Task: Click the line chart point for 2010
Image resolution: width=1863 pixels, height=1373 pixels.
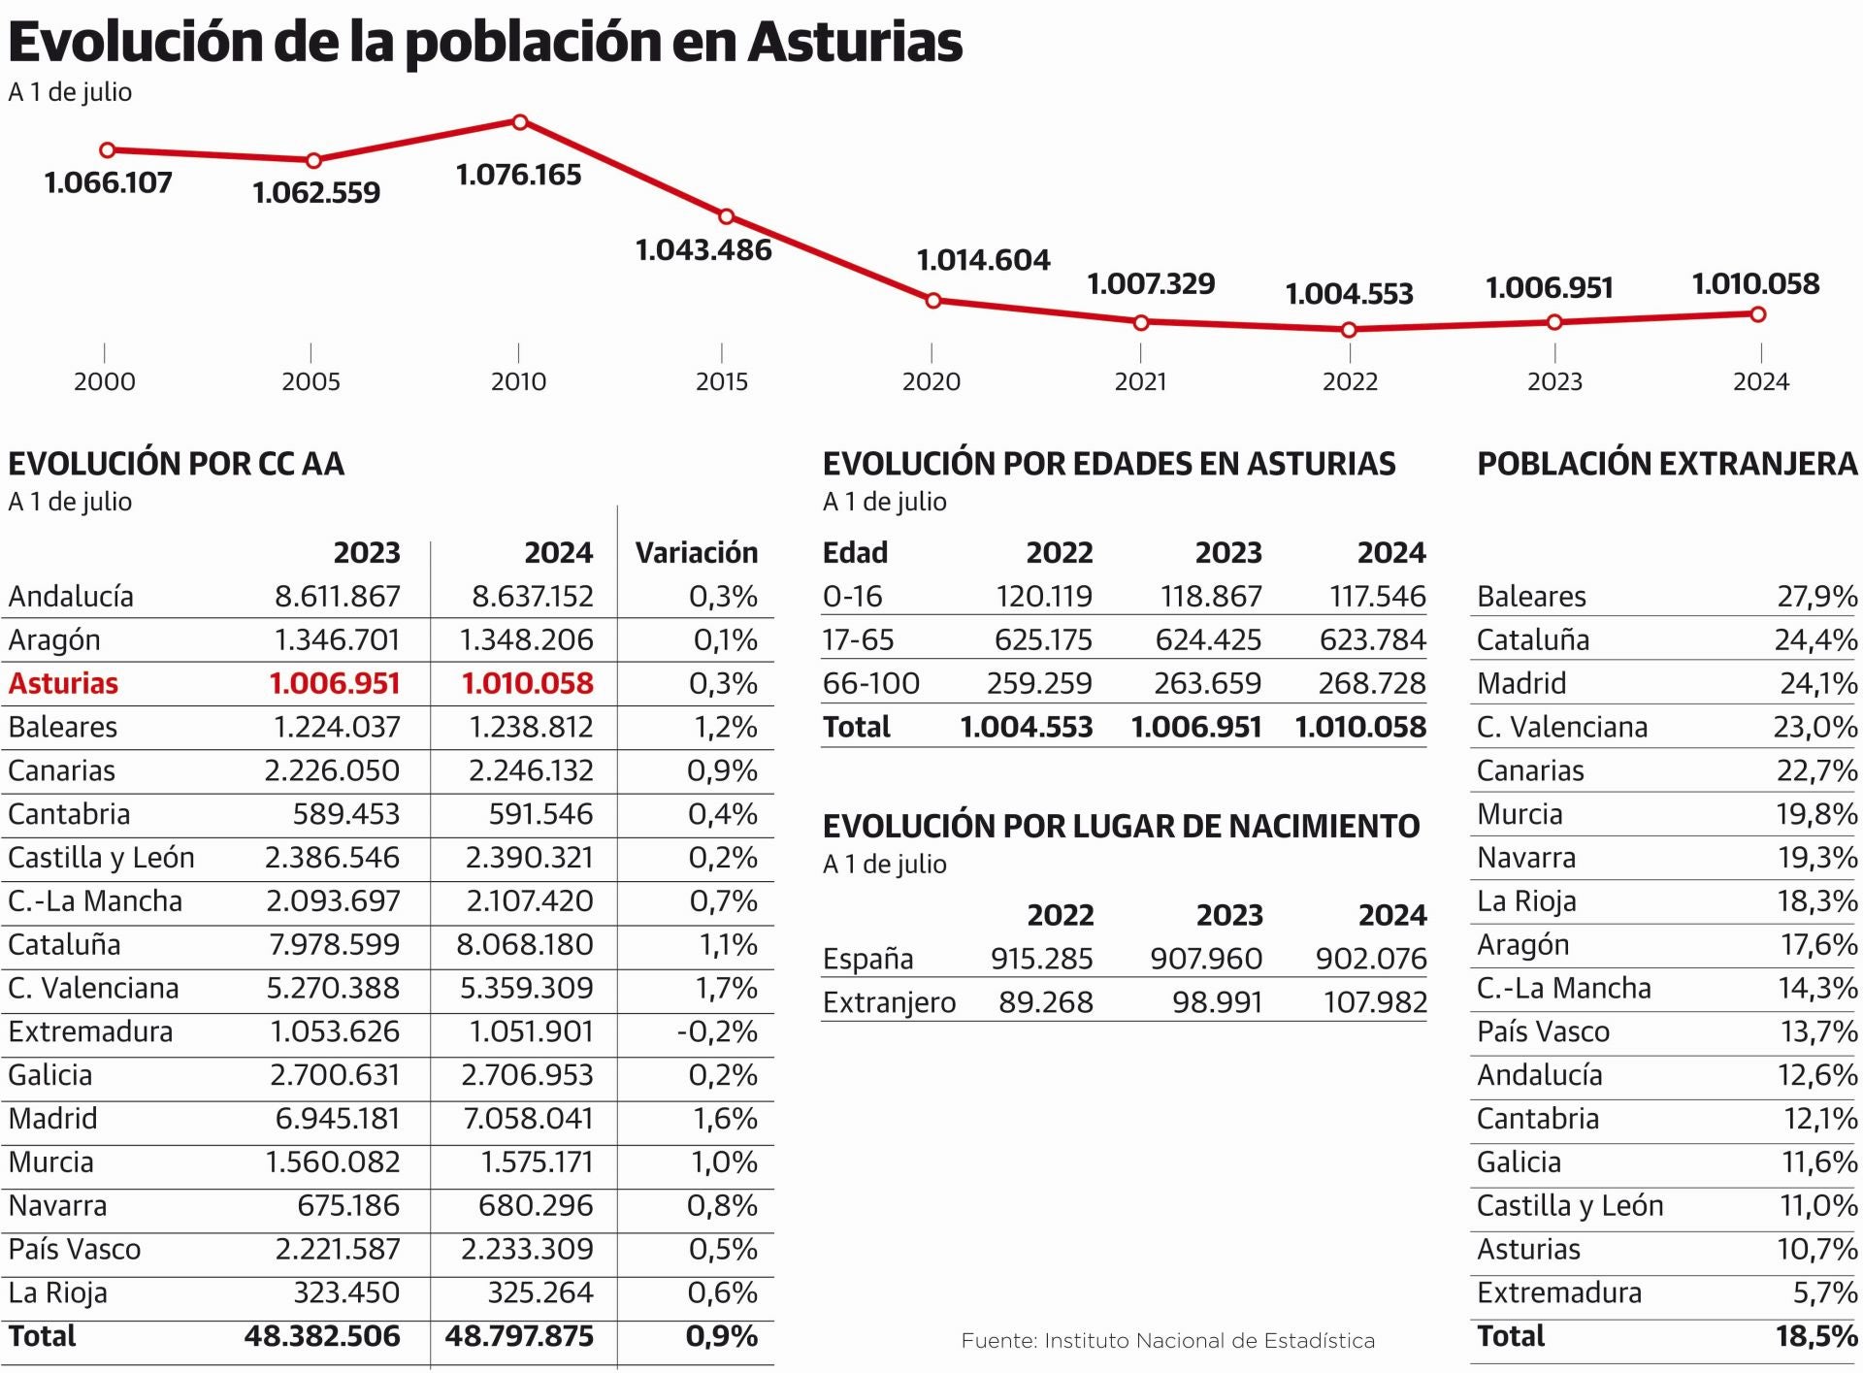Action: click(520, 122)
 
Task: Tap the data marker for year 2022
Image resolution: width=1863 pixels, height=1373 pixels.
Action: click(1349, 330)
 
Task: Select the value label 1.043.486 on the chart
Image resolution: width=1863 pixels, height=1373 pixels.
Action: click(703, 250)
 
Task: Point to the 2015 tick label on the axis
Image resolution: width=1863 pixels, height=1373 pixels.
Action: click(722, 381)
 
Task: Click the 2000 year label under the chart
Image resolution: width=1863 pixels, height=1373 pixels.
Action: click(105, 381)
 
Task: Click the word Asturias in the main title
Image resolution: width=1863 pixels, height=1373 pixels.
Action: click(855, 42)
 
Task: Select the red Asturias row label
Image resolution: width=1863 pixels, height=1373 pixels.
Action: click(63, 684)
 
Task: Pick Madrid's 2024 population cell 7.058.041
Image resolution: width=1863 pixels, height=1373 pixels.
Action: click(528, 1119)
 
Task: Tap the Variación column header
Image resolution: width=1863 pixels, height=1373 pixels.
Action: click(696, 553)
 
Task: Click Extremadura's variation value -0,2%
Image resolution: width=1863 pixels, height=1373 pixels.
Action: click(717, 1031)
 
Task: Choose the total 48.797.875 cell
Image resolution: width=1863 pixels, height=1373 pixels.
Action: click(519, 1336)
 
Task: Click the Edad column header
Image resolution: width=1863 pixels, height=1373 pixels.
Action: click(855, 553)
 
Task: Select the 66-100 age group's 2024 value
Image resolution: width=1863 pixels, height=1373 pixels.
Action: click(1372, 684)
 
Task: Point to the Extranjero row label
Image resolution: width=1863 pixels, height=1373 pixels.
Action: click(889, 1002)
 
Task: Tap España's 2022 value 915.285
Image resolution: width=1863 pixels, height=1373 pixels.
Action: click(1041, 959)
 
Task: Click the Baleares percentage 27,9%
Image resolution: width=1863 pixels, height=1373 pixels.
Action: click(1816, 597)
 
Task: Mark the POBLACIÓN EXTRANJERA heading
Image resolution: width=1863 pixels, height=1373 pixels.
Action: click(1666, 464)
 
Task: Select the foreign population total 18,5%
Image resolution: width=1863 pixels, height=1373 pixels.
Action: click(1816, 1336)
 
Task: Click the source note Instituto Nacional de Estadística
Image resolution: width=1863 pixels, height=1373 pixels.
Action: click(1167, 1341)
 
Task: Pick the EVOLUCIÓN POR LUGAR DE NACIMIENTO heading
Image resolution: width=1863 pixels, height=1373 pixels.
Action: click(1121, 827)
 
